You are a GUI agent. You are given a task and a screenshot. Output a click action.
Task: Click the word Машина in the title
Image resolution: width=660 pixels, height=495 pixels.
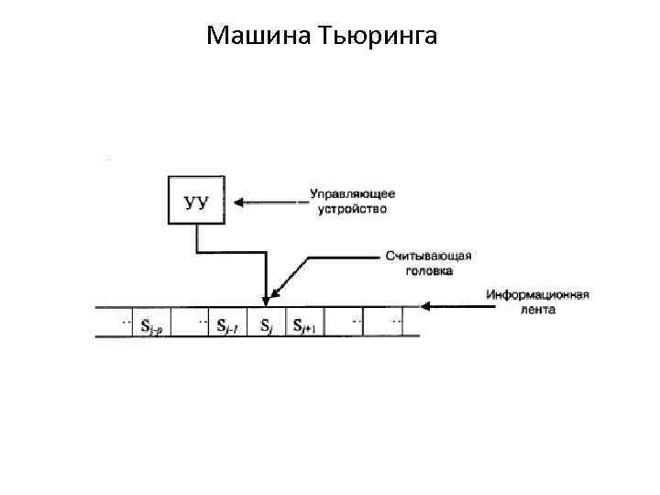pyautogui.click(x=259, y=36)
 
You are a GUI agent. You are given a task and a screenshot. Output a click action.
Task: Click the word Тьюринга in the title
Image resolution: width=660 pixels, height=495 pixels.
pyautogui.click(x=379, y=38)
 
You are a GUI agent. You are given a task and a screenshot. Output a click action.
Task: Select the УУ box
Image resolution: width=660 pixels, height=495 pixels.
pyautogui.click(x=196, y=200)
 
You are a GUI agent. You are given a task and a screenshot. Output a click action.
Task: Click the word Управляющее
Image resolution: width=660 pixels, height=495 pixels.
pyautogui.click(x=352, y=193)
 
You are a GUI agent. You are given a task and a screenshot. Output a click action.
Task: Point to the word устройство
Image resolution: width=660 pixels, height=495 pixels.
pyautogui.click(x=352, y=208)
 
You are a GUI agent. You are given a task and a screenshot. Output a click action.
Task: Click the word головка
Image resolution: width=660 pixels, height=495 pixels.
pyautogui.click(x=429, y=270)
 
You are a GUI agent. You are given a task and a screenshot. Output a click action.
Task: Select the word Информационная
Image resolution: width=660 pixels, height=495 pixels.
pyautogui.click(x=537, y=295)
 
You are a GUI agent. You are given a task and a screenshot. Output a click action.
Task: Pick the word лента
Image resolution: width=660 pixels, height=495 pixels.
pyautogui.click(x=535, y=310)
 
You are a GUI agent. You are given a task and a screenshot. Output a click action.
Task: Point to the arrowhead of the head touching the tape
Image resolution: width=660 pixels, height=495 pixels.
pyautogui.click(x=266, y=299)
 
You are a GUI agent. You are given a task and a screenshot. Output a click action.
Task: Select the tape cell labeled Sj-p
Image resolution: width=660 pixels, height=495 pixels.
pyautogui.click(x=152, y=324)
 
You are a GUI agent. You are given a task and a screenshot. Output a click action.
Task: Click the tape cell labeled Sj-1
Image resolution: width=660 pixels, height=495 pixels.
pyautogui.click(x=228, y=324)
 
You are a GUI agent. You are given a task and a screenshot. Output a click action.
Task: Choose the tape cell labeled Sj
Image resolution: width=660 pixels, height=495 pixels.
pyautogui.click(x=266, y=324)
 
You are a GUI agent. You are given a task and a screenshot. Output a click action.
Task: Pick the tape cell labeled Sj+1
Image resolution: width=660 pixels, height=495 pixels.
pyautogui.click(x=303, y=324)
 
